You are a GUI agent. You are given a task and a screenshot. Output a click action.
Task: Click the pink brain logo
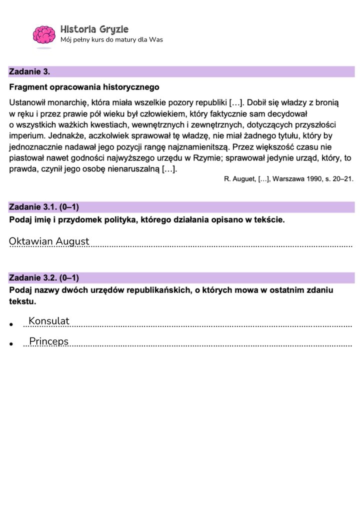coord(44,34)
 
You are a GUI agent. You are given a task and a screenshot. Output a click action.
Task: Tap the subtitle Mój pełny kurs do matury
coord(111,40)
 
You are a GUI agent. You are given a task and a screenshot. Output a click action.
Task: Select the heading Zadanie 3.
coord(29,72)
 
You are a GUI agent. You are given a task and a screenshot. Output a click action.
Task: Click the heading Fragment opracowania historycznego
coord(80,87)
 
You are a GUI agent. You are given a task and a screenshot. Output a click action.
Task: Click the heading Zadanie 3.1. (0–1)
coord(44,207)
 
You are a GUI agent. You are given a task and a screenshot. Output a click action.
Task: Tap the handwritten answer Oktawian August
coord(49,241)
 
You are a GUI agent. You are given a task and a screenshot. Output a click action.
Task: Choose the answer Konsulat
coord(49,321)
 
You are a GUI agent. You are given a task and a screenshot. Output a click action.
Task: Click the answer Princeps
coord(48,341)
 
